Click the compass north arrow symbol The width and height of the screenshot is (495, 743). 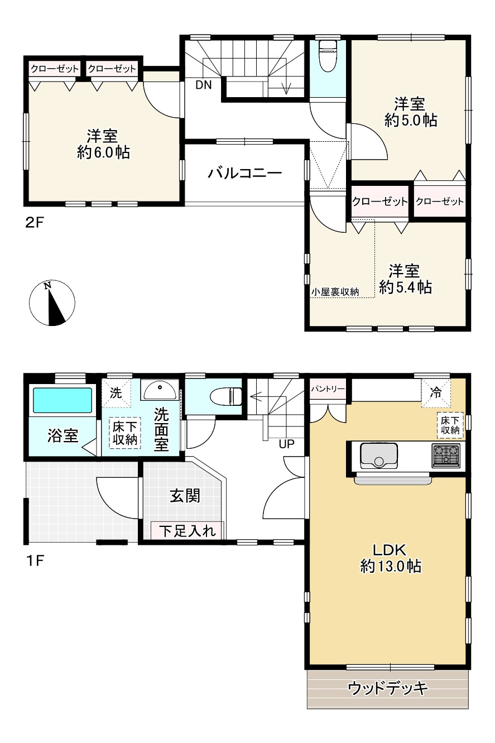[52, 303]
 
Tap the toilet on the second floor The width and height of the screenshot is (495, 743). [328, 56]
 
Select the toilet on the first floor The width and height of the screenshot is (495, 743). [226, 396]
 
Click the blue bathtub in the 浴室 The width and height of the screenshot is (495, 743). [62, 400]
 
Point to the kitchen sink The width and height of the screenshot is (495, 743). [379, 456]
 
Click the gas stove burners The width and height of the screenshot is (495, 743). [446, 455]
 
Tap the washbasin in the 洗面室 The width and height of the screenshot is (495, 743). [160, 390]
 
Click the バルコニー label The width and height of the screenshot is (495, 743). [244, 173]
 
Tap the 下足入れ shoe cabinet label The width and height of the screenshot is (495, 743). [188, 531]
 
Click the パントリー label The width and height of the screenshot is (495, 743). [328, 389]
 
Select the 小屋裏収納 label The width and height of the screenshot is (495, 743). [335, 292]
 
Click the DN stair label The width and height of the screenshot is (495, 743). [204, 85]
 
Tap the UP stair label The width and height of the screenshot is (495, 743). [286, 444]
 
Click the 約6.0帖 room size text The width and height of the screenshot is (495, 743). [103, 152]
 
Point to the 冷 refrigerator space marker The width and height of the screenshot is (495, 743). [436, 393]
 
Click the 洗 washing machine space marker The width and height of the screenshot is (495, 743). [116, 393]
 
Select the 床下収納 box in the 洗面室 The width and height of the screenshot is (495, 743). [124, 433]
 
